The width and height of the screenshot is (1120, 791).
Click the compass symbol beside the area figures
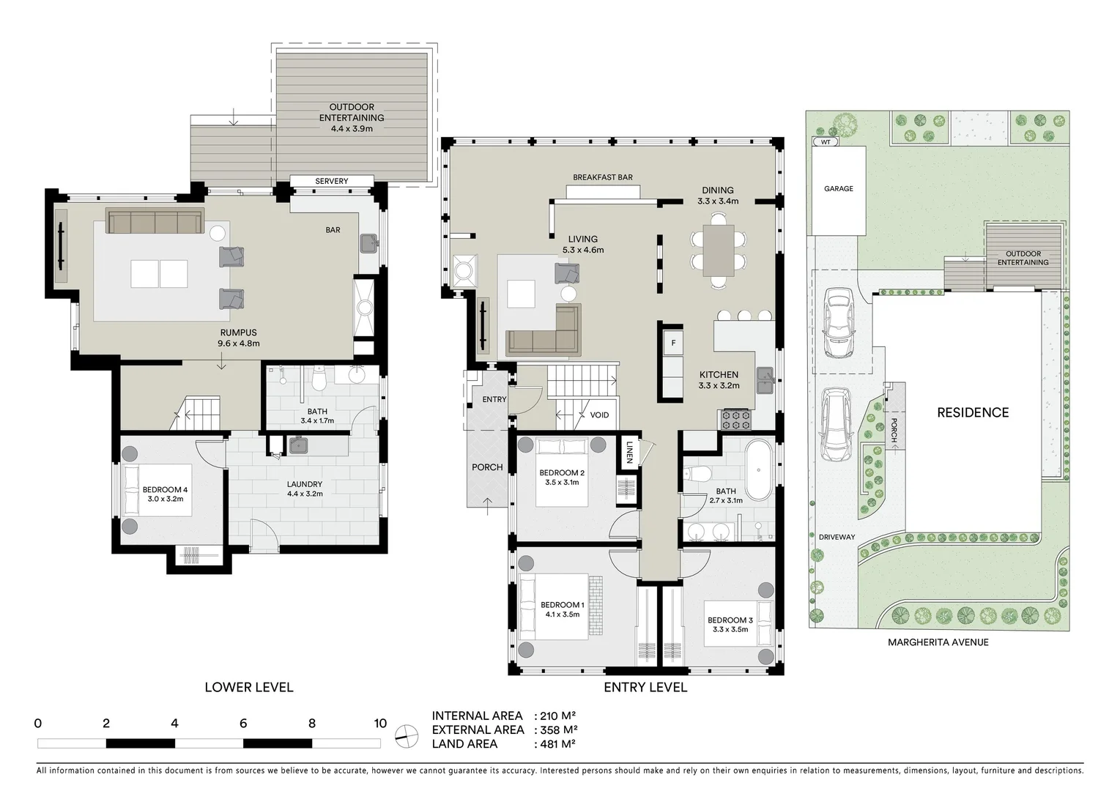point(405,736)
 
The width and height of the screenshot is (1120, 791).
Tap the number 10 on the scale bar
point(379,724)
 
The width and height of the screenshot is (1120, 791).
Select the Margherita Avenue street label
point(938,642)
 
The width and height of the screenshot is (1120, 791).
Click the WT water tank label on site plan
point(826,142)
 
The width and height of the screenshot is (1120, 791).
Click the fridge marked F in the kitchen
point(672,343)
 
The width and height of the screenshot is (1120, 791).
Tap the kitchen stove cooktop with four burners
point(736,419)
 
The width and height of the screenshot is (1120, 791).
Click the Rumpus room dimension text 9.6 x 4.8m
point(238,343)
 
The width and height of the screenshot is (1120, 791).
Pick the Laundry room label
point(304,484)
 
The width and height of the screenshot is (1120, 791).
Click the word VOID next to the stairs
point(599,415)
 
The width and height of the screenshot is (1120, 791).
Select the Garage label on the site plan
point(838,188)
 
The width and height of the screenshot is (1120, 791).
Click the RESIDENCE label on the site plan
point(973,412)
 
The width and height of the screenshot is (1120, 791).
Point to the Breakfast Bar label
point(602,177)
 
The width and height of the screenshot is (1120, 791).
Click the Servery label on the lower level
point(331,181)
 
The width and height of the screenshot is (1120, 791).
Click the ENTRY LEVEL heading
point(645,687)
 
